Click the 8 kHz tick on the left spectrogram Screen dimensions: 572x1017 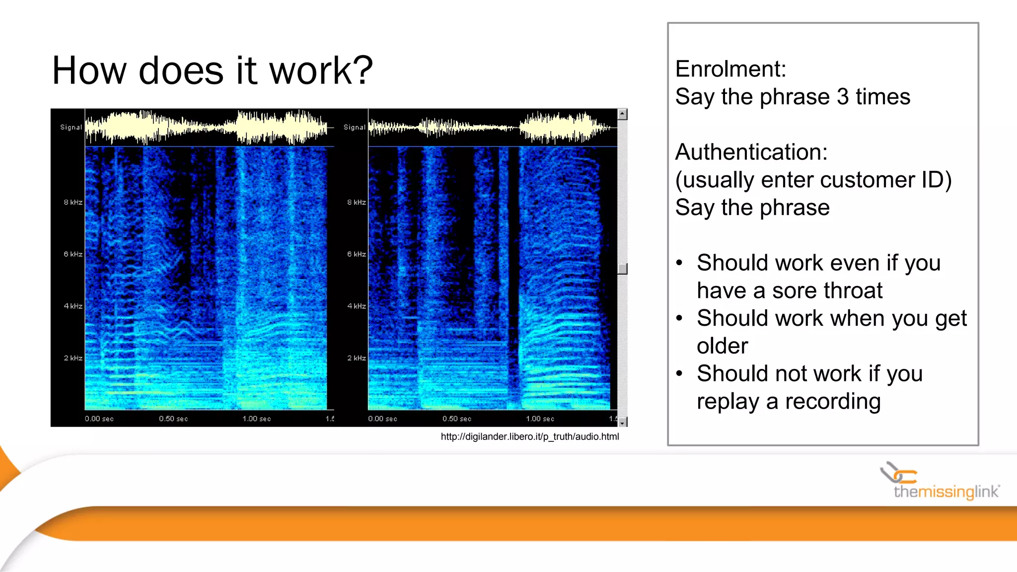click(x=73, y=202)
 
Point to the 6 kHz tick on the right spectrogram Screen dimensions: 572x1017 click(x=357, y=254)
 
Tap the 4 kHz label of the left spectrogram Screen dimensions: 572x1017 click(x=73, y=306)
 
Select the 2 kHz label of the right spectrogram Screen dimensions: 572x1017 click(x=357, y=358)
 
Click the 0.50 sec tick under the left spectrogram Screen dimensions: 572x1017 click(x=173, y=419)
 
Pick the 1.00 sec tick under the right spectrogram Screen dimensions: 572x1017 click(x=540, y=419)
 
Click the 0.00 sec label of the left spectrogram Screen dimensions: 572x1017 click(x=99, y=419)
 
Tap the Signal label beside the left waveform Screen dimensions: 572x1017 click(x=71, y=127)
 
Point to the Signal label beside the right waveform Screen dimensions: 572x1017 click(x=355, y=127)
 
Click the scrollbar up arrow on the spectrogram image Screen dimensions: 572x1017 click(x=622, y=114)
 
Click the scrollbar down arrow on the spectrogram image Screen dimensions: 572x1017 click(x=622, y=423)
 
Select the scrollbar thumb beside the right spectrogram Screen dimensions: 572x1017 click(x=622, y=269)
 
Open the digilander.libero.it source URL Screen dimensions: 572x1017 click(x=529, y=436)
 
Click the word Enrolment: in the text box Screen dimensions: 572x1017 click(x=730, y=69)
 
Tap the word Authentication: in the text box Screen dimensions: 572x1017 click(x=751, y=152)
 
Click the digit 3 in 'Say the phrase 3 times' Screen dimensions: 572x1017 click(x=843, y=97)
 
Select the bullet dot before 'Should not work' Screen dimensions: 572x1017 click(x=679, y=373)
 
